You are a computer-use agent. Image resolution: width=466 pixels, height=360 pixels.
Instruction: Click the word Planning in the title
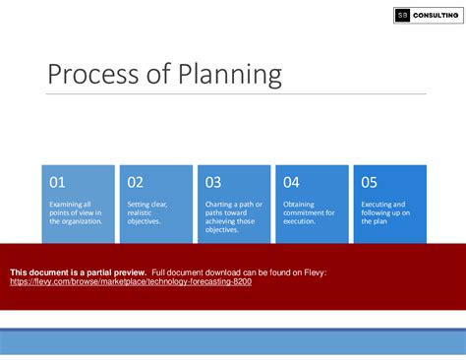(x=226, y=76)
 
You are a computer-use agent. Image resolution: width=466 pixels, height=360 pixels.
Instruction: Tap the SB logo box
(x=403, y=15)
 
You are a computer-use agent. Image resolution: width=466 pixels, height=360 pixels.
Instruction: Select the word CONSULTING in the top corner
(x=436, y=15)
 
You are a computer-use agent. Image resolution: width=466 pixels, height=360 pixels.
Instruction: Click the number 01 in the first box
(x=57, y=182)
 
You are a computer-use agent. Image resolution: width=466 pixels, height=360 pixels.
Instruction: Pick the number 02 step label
(x=135, y=182)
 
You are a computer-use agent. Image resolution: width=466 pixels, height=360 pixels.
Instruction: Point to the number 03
(x=212, y=182)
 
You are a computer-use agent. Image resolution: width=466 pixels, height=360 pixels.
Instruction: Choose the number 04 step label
(x=291, y=182)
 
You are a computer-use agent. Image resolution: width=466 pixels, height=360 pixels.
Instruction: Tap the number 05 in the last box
(x=369, y=182)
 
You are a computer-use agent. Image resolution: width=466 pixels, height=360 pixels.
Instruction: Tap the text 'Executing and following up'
(x=385, y=212)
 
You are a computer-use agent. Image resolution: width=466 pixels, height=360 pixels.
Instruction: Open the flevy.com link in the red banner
(x=130, y=281)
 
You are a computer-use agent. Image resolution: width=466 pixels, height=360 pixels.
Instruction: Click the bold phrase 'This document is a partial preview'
(x=78, y=271)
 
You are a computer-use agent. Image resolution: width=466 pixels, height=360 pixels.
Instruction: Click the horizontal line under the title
(x=236, y=94)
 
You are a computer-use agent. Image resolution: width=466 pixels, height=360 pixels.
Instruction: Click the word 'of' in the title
(x=157, y=75)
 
